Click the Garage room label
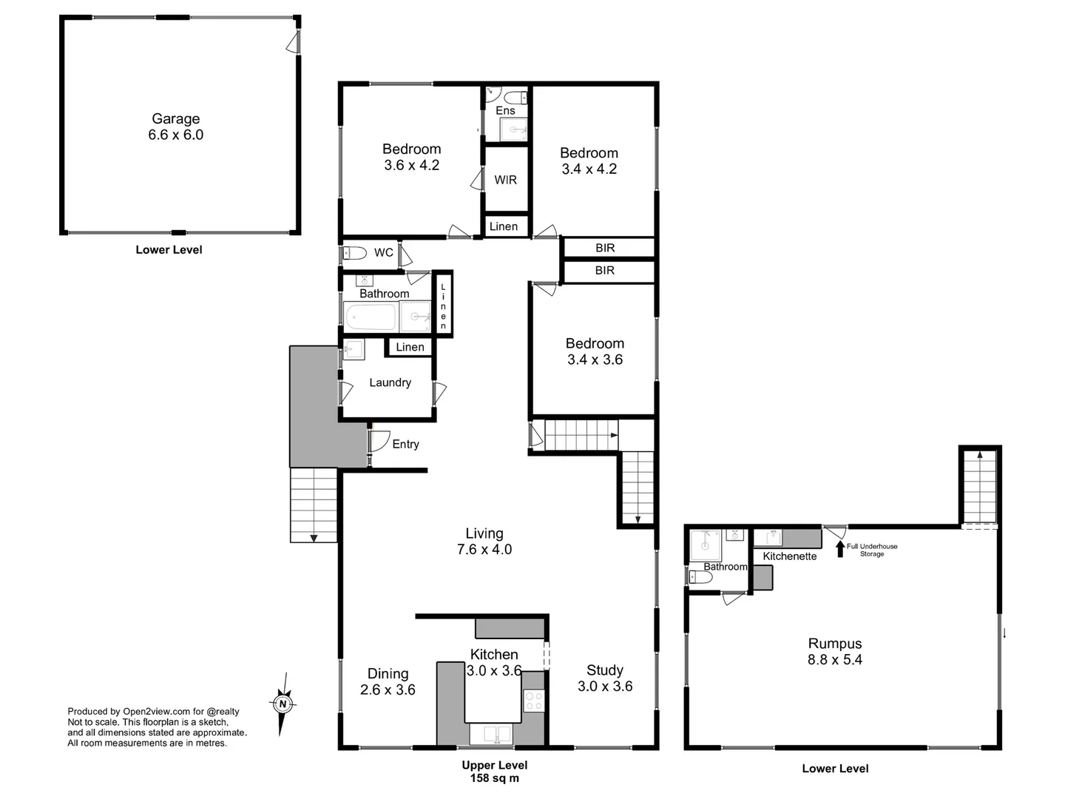175,119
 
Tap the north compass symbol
282,704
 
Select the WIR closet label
506,180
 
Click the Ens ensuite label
505,111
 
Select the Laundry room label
390,382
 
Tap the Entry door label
405,444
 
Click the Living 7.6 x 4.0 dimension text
484,550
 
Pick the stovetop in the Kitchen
533,701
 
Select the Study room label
605,670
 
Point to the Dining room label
388,673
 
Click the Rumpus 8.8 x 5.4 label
835,652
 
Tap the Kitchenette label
790,556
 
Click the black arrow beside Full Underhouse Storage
839,548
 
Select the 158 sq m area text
495,778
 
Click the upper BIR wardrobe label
605,248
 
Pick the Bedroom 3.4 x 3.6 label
595,351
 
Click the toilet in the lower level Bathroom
700,577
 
